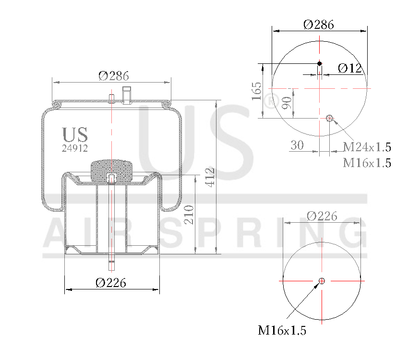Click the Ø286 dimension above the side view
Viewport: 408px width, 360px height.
pyautogui.click(x=114, y=75)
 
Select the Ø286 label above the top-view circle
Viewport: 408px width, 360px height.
pyautogui.click(x=319, y=24)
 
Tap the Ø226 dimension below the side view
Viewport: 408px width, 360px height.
pyautogui.click(x=111, y=283)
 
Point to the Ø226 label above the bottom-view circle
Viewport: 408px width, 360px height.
pyautogui.click(x=322, y=216)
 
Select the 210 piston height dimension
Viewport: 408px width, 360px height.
pyautogui.click(x=189, y=215)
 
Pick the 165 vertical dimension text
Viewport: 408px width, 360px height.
pyautogui.click(x=256, y=91)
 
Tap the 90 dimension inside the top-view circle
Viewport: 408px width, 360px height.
pyautogui.click(x=287, y=103)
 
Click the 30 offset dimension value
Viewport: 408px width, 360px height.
pyautogui.click(x=297, y=145)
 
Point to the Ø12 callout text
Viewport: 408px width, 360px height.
pyautogui.click(x=349, y=68)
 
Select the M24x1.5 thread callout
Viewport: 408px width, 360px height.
pyautogui.click(x=367, y=147)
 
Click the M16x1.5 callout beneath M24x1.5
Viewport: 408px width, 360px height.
pyautogui.click(x=367, y=163)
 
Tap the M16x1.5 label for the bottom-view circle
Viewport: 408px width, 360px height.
pyautogui.click(x=282, y=330)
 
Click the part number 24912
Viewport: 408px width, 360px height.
pyautogui.click(x=75, y=148)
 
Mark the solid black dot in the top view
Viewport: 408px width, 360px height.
pyautogui.click(x=320, y=63)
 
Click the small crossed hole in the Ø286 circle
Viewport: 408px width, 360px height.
pyautogui.click(x=330, y=119)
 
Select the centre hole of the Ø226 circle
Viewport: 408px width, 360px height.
pyautogui.click(x=322, y=281)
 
